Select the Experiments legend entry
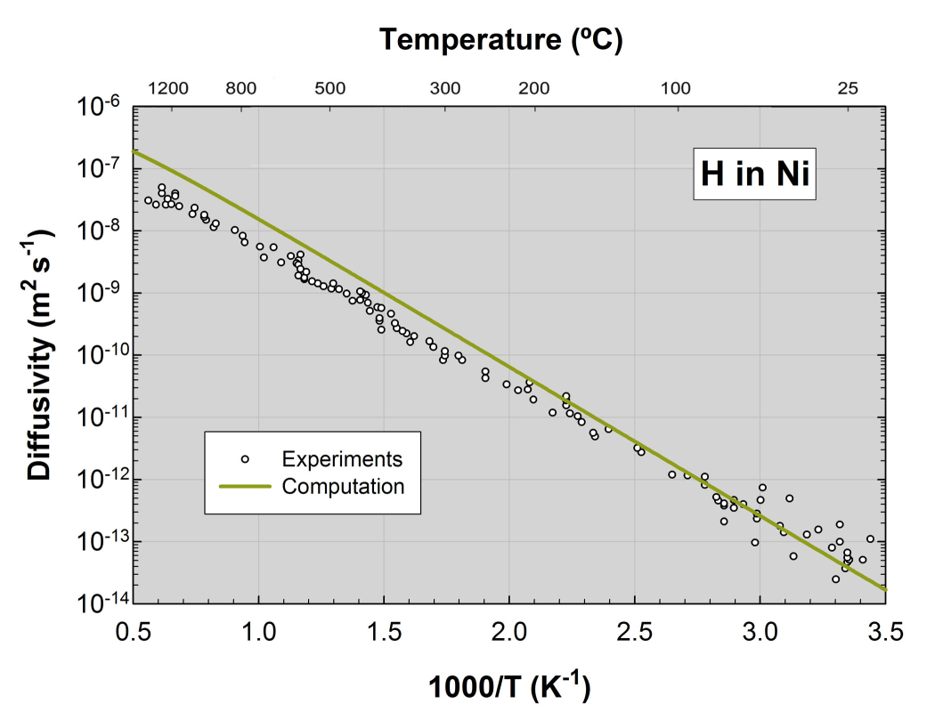342,459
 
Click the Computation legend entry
343,486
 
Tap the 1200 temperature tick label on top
168,88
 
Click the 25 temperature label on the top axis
848,88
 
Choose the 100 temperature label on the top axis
676,88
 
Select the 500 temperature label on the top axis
329,88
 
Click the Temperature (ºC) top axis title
500,40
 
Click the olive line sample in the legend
245,486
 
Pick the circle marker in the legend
245,459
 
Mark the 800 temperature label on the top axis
240,88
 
